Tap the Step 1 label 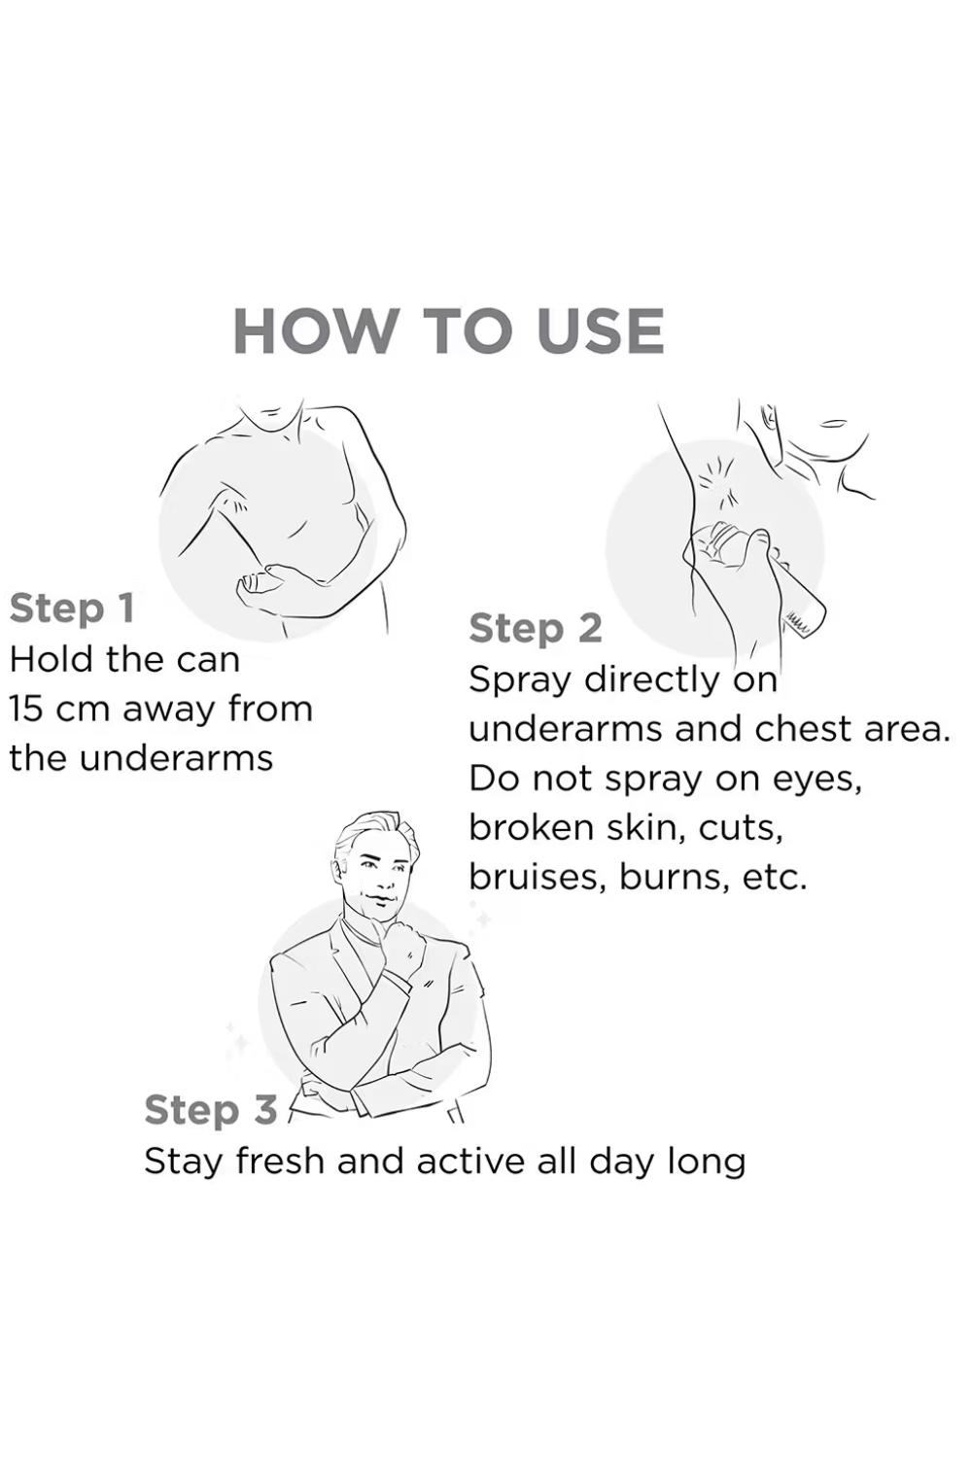tap(72, 609)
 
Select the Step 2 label tap(536, 630)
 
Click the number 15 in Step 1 tap(26, 709)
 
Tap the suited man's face tap(377, 876)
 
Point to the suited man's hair tap(374, 835)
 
